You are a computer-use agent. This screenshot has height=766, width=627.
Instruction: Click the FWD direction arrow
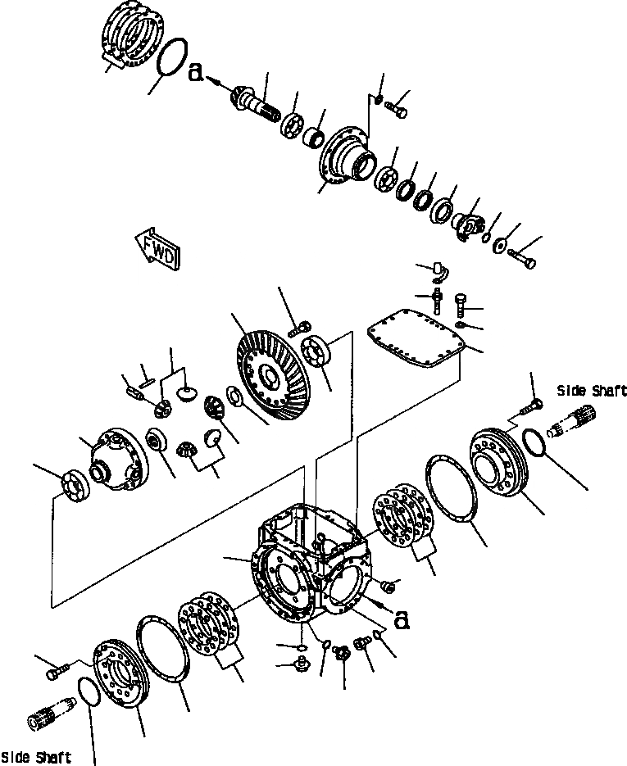pos(157,248)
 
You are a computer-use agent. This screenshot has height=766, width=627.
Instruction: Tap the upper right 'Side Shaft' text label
pos(593,392)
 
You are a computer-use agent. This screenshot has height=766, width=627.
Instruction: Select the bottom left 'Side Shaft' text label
pos(35,757)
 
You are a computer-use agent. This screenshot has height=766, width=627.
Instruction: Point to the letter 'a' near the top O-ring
pos(196,73)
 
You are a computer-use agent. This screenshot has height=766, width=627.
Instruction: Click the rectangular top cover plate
pos(417,341)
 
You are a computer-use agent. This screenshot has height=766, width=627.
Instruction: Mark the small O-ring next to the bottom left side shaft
pos(88,692)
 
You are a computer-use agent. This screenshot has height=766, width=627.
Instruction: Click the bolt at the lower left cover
pos(54,672)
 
